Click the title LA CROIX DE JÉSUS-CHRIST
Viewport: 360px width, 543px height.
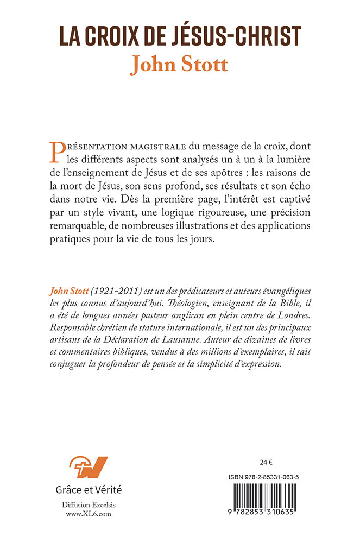tap(180, 34)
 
